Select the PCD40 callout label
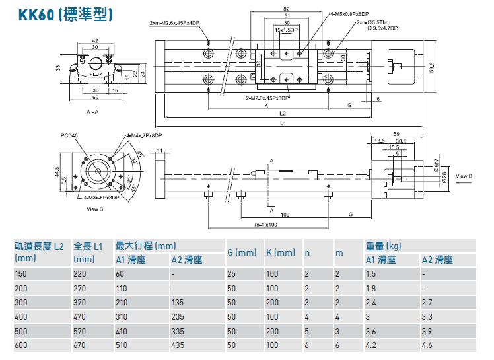[x=69, y=135]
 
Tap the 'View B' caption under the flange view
[x=96, y=209]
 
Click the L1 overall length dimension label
[x=283, y=123]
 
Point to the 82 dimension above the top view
[x=285, y=9]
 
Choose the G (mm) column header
[x=241, y=252]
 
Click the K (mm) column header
[x=280, y=252]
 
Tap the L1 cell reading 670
[x=81, y=345]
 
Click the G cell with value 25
[x=232, y=273]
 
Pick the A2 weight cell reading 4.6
[x=428, y=345]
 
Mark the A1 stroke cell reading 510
[x=123, y=345]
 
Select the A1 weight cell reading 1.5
[x=371, y=273]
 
